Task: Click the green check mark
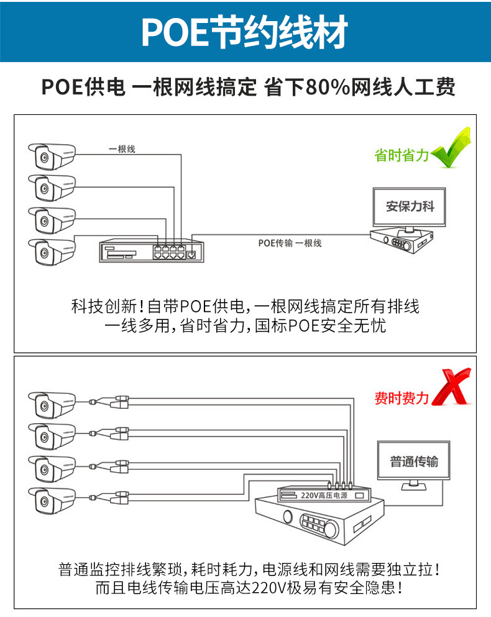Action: click(452, 149)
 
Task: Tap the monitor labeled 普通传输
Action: click(414, 462)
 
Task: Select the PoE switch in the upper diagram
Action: click(149, 250)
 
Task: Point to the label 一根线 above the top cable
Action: click(122, 149)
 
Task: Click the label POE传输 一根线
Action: click(290, 243)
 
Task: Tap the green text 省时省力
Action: click(402, 155)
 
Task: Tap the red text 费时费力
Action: click(402, 398)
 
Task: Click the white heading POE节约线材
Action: click(245, 32)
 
